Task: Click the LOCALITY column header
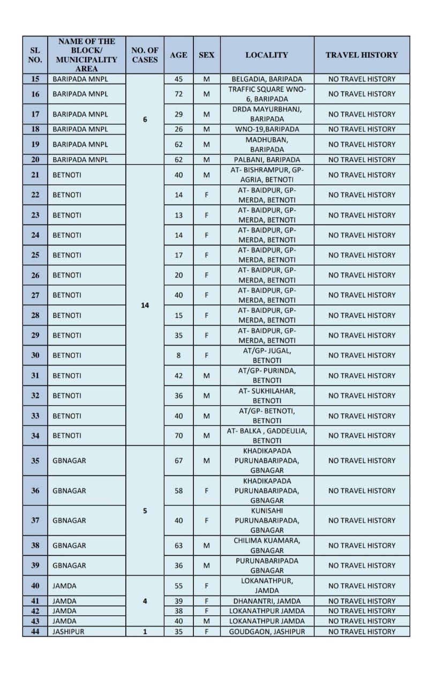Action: [x=267, y=55]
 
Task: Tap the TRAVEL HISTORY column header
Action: [x=361, y=55]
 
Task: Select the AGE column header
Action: [x=178, y=55]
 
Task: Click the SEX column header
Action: [x=206, y=55]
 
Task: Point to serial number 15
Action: [x=35, y=79]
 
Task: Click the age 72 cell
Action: [x=178, y=94]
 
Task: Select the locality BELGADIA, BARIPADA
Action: [x=267, y=79]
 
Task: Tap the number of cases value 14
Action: [x=145, y=305]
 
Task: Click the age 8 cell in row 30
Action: [x=178, y=355]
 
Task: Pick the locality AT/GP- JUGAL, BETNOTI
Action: [x=267, y=355]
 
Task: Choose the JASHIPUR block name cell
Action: [x=68, y=631]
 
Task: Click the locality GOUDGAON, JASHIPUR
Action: [x=267, y=631]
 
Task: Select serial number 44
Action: [x=35, y=631]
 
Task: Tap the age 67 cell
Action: [x=178, y=460]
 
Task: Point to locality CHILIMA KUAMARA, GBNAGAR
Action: [x=267, y=546]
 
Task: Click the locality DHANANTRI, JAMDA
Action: [x=267, y=601]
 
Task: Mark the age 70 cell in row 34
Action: [x=178, y=436]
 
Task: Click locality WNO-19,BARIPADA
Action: [x=267, y=129]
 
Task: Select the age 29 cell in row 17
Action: [x=178, y=114]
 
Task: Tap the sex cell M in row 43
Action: [x=206, y=621]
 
